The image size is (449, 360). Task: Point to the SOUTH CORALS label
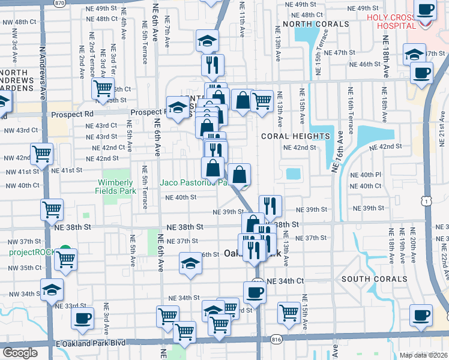(374, 279)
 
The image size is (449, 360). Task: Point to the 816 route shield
(276, 340)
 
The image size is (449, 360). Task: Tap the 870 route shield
(59, 3)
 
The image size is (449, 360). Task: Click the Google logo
(19, 353)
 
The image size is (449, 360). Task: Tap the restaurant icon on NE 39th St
(270, 206)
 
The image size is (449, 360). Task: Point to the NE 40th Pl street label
(370, 175)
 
